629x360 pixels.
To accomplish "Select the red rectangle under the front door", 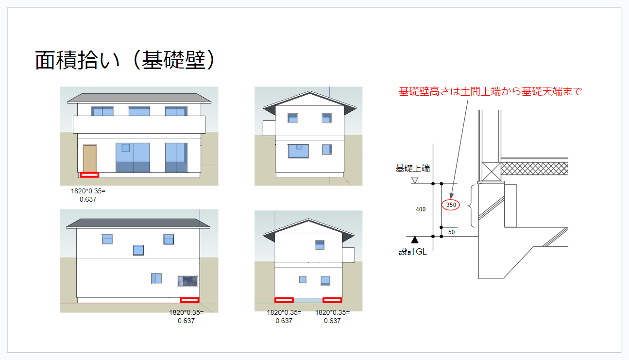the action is coord(89,174).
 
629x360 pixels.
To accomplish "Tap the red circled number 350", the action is coord(451,205).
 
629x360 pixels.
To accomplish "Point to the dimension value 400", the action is coord(421,209).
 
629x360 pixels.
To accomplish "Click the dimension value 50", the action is coord(451,232).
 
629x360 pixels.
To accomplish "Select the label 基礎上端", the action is coord(412,169).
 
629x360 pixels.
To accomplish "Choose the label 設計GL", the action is coord(413,252).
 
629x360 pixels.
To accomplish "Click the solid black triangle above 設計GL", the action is coord(415,240).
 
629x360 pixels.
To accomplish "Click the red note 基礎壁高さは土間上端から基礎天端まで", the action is coord(490,91).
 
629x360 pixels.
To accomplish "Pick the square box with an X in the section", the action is coord(491,171).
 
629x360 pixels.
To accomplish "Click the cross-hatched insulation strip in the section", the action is coord(534,168).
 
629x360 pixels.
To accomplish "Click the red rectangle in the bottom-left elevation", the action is coord(189,300).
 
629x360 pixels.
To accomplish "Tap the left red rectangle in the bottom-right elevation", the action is coord(284,300).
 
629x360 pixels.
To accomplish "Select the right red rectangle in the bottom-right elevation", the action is coord(332,300).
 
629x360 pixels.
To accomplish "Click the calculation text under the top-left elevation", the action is coord(88,195).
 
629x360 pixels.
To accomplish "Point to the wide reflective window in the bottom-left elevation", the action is coord(187,281).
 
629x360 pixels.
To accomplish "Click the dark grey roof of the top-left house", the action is coord(139,98).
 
